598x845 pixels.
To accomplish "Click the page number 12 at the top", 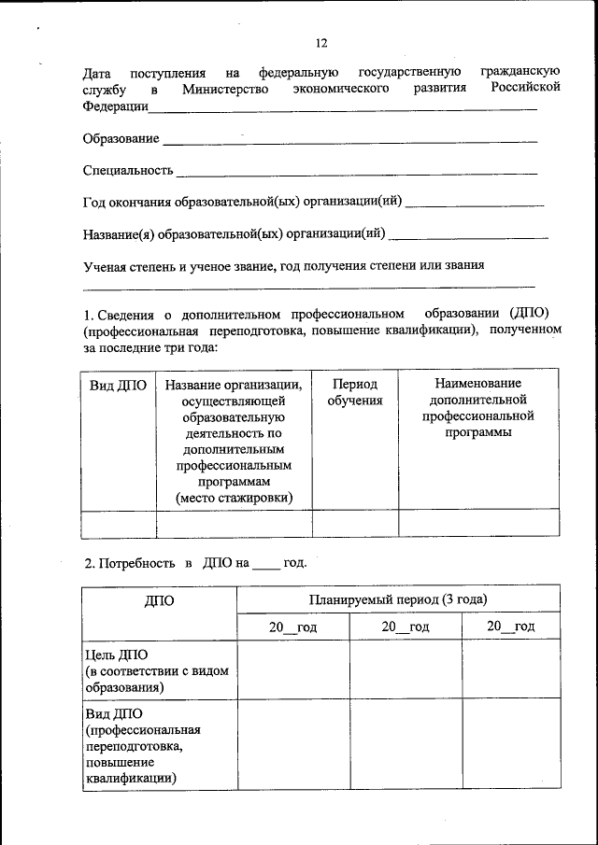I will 321,43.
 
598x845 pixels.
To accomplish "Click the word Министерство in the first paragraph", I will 225,90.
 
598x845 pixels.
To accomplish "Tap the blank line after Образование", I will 349,142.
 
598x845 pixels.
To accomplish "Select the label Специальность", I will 128,171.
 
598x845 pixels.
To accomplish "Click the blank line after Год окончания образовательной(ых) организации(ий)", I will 476,204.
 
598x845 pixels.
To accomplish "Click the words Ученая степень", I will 127,265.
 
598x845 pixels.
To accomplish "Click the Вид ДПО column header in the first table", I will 118,386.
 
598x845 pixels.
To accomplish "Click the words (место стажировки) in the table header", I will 233,499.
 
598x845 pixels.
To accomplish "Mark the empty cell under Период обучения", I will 354,523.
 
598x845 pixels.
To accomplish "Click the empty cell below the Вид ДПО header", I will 118,523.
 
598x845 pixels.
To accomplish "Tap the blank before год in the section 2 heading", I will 266,564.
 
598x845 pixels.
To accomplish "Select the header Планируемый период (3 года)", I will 397,599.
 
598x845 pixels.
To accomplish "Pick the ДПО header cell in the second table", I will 159,600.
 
